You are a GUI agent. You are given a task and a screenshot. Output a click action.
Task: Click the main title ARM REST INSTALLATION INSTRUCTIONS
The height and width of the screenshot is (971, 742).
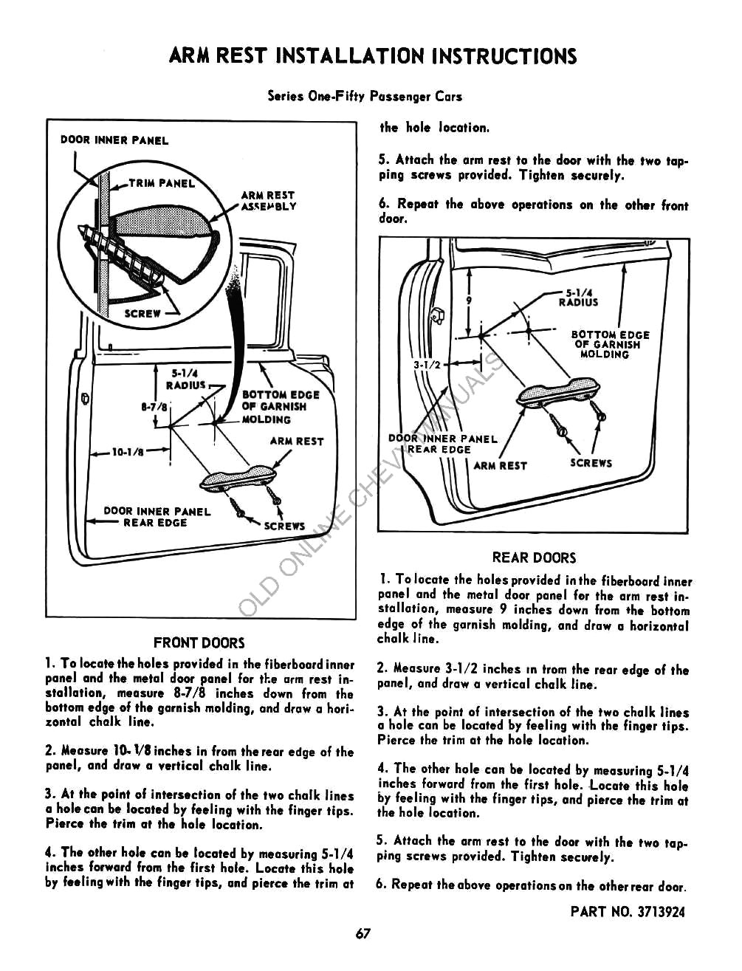tap(372, 56)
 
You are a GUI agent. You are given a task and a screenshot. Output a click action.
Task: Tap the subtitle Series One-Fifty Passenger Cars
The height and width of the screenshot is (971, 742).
tap(365, 96)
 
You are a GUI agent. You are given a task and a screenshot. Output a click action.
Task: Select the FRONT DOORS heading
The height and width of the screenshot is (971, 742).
tap(199, 643)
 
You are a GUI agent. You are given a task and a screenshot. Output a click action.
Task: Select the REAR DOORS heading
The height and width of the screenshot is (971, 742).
tap(534, 558)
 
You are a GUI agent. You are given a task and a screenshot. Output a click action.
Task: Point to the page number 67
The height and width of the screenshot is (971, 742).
tap(362, 933)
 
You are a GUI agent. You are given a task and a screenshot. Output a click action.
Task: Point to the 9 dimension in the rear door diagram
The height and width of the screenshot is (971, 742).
tap(468, 300)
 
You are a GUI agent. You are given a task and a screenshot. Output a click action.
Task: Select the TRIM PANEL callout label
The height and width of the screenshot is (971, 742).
tap(162, 183)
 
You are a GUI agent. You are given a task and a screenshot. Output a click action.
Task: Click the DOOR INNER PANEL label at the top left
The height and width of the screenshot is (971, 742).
tap(114, 140)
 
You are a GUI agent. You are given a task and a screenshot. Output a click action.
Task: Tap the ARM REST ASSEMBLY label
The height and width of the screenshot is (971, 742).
tap(269, 201)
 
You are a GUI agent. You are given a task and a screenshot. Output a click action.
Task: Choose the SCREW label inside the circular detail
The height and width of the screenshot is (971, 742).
tap(142, 313)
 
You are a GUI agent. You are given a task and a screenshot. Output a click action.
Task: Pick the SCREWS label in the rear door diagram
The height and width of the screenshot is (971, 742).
tap(591, 463)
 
